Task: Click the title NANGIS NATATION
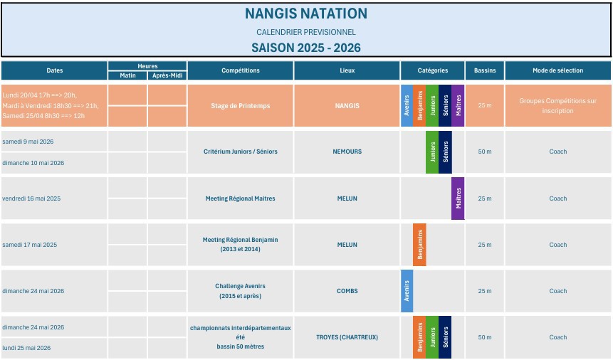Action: (x=306, y=14)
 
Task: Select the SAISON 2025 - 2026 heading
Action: (x=306, y=48)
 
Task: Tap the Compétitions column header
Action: (x=241, y=70)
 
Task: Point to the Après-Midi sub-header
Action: (x=167, y=75)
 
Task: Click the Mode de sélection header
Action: (x=557, y=70)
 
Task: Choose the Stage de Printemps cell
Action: (x=241, y=106)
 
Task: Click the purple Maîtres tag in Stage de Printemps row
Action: (x=458, y=106)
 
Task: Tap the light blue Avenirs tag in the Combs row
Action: (x=407, y=291)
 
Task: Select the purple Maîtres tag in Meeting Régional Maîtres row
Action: (x=458, y=198)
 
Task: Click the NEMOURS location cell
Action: (x=347, y=152)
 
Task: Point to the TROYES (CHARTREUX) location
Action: (x=347, y=337)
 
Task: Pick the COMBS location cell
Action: (x=347, y=291)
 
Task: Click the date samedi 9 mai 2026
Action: (x=28, y=142)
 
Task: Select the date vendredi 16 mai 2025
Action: (x=32, y=198)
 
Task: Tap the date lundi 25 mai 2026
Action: (x=26, y=348)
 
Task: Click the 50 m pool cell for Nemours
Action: (x=485, y=152)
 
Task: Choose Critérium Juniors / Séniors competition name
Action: (x=241, y=152)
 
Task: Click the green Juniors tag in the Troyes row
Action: (x=432, y=337)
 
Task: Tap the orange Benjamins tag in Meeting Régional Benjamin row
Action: (x=419, y=245)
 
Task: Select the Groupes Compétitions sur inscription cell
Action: (x=557, y=106)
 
